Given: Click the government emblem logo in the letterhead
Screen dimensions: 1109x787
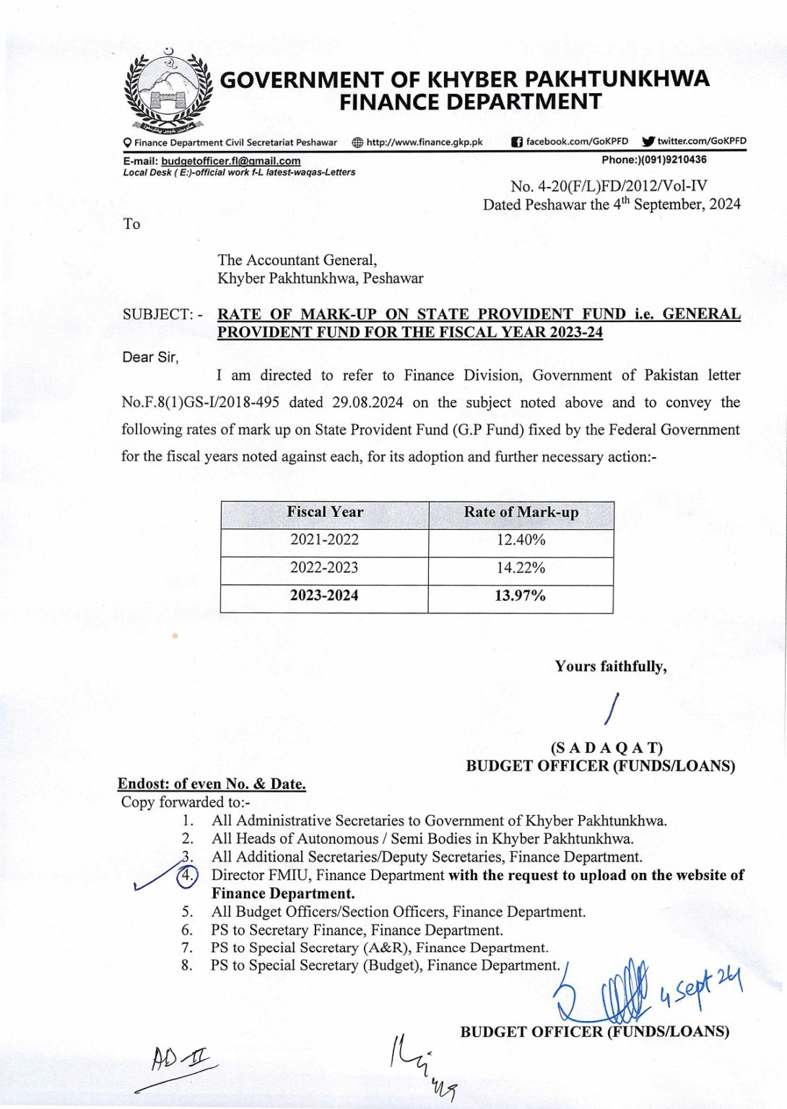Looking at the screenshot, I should [x=168, y=92].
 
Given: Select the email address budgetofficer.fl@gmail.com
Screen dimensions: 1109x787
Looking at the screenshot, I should [x=230, y=161].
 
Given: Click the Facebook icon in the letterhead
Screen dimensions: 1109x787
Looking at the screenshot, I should [x=516, y=142].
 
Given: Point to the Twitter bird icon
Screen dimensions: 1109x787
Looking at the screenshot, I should [x=648, y=142].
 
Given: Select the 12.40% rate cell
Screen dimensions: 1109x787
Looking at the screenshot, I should [x=521, y=540].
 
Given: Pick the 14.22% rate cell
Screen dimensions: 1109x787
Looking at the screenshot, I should [x=521, y=568].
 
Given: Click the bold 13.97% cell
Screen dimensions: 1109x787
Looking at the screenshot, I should [x=520, y=596].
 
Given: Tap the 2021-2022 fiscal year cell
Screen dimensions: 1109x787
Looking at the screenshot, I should [x=324, y=540].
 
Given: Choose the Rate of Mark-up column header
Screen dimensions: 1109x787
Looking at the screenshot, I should [x=521, y=513].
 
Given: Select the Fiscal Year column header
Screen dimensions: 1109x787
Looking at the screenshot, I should [x=325, y=513].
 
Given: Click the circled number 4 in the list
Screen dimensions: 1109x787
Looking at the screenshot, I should [x=187, y=876].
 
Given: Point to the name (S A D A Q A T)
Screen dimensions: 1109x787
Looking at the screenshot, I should [x=606, y=748].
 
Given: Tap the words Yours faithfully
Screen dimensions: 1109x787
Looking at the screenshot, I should [x=610, y=666].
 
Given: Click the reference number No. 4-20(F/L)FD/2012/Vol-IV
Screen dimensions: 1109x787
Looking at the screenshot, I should [x=609, y=186].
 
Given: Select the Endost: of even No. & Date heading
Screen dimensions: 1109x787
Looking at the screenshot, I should [x=212, y=784].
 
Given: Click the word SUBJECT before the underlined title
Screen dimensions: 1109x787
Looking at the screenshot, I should [x=157, y=315].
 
